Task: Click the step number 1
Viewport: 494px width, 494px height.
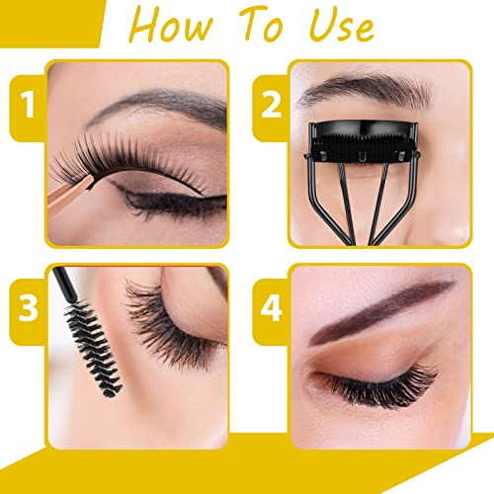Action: (28, 105)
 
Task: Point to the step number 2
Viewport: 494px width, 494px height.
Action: (271, 105)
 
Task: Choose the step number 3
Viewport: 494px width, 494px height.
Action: (29, 308)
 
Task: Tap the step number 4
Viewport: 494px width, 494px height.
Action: (272, 308)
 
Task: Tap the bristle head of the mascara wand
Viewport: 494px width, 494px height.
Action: (93, 349)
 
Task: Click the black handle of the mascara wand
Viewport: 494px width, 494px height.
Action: (64, 284)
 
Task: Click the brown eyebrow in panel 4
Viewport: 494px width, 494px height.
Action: (378, 309)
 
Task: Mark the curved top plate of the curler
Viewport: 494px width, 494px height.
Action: (363, 127)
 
